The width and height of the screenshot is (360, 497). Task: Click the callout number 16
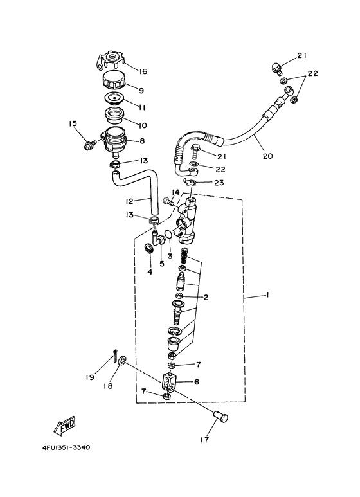(143, 71)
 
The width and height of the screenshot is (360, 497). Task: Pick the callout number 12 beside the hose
(129, 202)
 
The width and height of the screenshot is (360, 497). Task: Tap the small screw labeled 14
(169, 201)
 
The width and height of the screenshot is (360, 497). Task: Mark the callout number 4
(149, 272)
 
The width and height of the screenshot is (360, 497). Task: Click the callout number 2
(206, 297)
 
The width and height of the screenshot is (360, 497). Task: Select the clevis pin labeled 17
(222, 419)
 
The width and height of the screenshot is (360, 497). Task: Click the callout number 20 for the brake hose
(265, 154)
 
